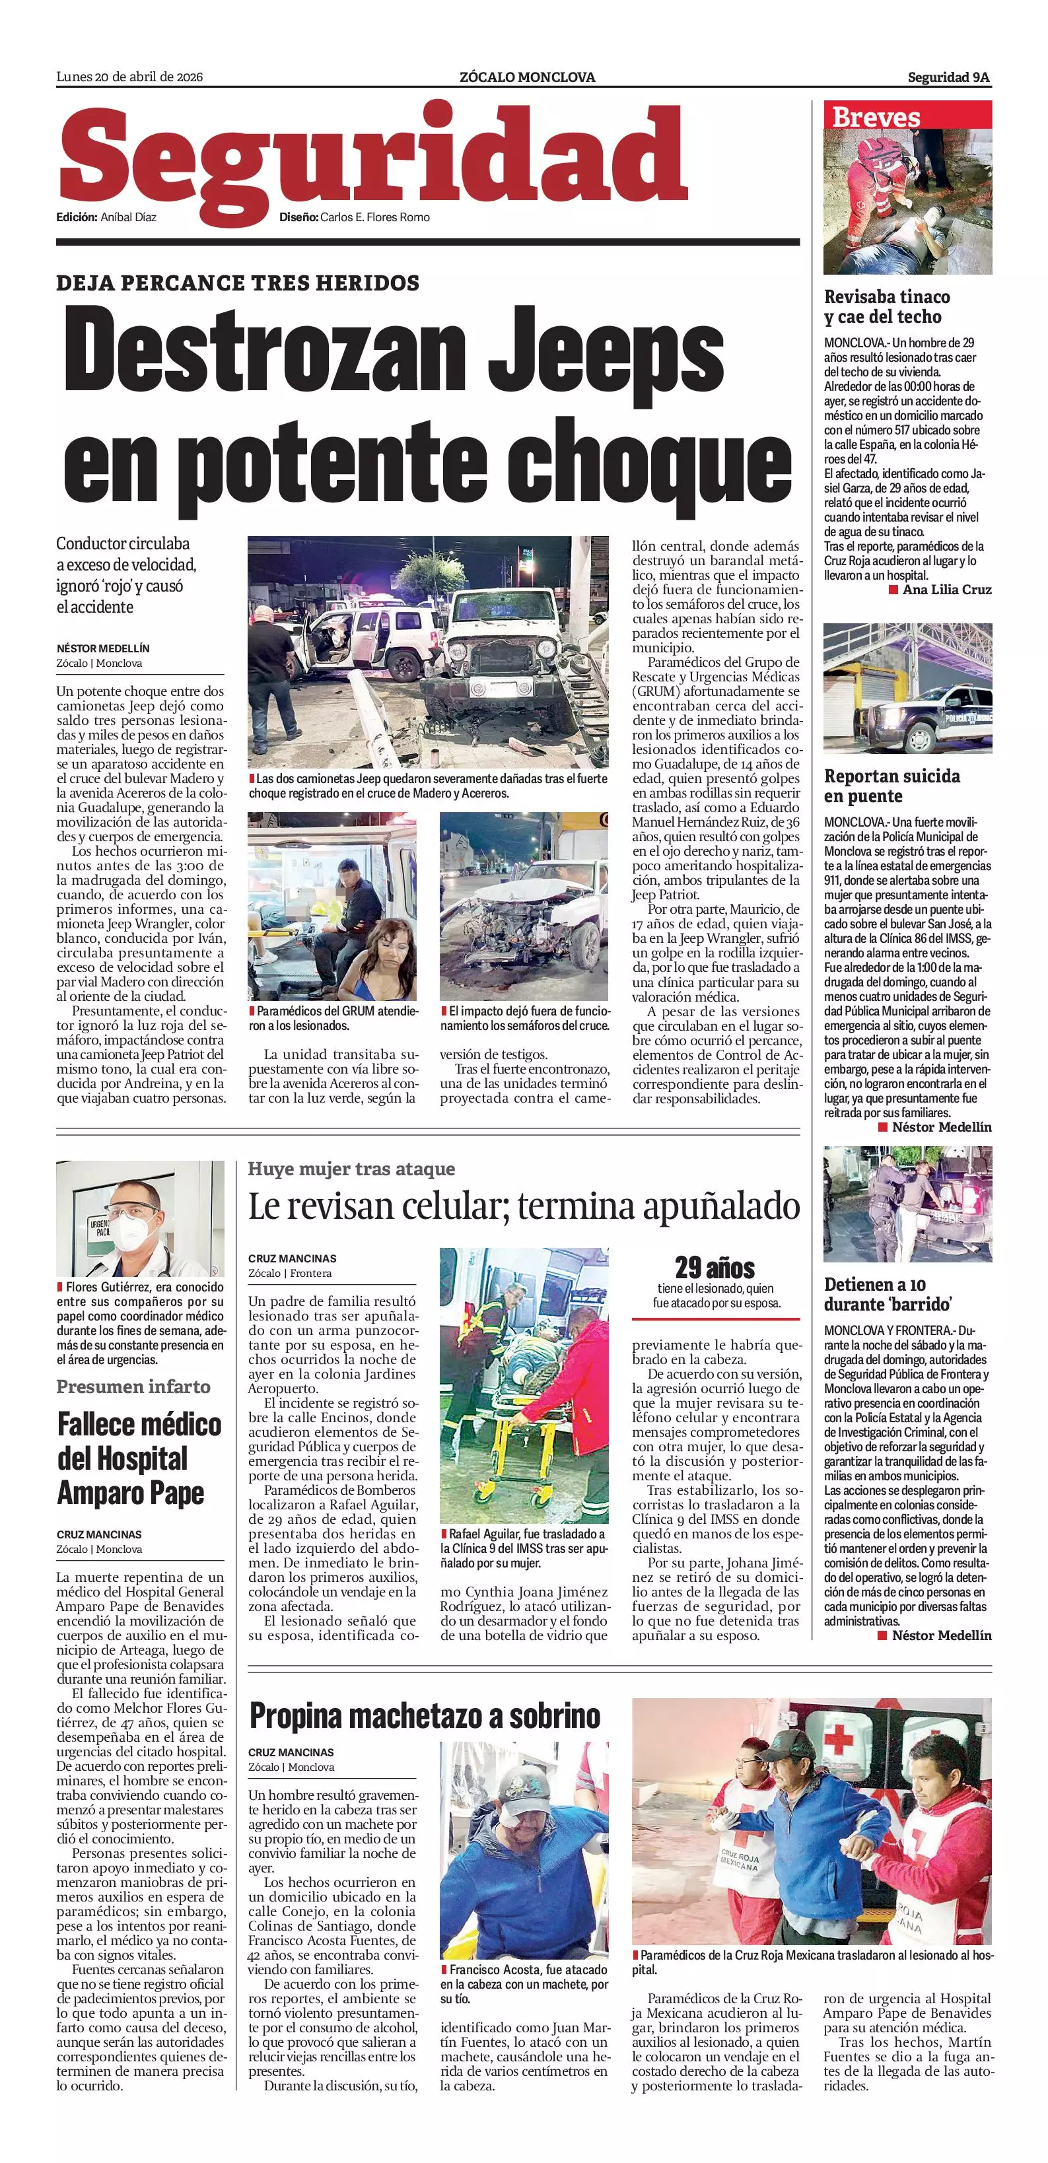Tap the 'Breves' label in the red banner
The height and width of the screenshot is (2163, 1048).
(876, 118)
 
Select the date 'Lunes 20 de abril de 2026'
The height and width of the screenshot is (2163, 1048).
(129, 77)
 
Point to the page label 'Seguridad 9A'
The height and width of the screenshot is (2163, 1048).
(948, 78)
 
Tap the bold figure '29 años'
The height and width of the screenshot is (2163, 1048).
(715, 1267)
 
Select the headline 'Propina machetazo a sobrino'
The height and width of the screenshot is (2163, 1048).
(425, 1715)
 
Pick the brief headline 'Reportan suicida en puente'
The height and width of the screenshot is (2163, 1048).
(891, 786)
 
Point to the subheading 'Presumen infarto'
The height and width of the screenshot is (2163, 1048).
(133, 1387)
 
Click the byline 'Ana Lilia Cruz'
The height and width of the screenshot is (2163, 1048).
(946, 590)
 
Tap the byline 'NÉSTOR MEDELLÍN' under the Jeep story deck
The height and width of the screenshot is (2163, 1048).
(103, 648)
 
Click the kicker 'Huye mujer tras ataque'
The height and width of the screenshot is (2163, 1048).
(351, 1169)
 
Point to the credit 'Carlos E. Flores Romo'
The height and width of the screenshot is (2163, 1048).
(374, 217)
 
